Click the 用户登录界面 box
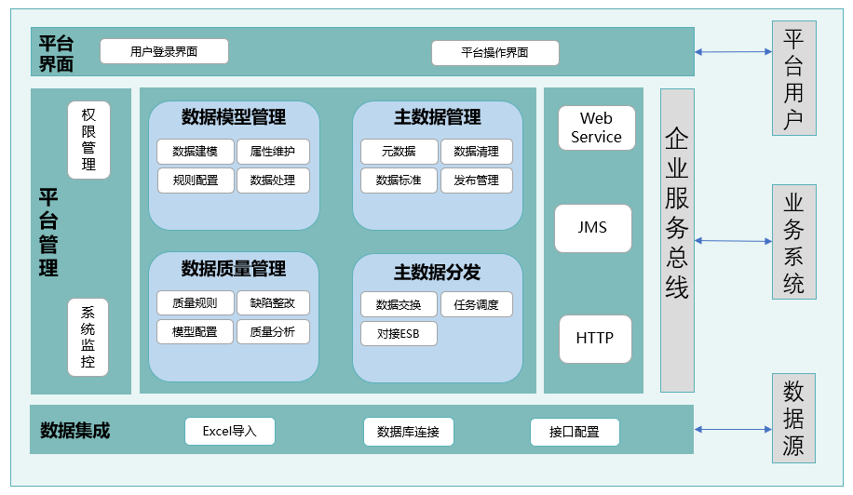click(x=164, y=52)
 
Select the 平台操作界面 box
click(x=495, y=53)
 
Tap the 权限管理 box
click(x=88, y=140)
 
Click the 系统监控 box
click(x=88, y=337)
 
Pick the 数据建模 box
click(x=195, y=152)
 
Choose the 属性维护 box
click(x=273, y=152)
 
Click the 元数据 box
click(x=399, y=152)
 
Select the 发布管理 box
click(x=477, y=180)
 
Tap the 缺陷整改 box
click(x=273, y=303)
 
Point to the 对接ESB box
click(x=399, y=333)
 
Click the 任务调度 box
click(x=477, y=304)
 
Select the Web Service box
click(x=596, y=128)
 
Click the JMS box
click(x=593, y=228)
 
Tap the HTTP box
click(x=595, y=339)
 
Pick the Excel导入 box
click(x=229, y=431)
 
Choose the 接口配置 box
click(x=574, y=432)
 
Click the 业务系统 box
click(x=793, y=242)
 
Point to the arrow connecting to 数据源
click(x=732, y=429)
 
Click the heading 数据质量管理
click(x=234, y=269)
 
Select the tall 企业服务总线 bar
click(x=677, y=240)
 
